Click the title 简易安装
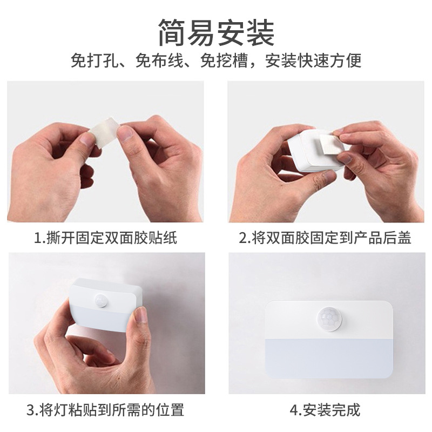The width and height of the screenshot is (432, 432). click(x=216, y=32)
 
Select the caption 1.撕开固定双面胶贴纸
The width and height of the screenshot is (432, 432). click(x=105, y=238)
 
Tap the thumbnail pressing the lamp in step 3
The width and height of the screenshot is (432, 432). click(x=140, y=314)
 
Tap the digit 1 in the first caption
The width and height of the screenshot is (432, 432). click(x=37, y=238)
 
